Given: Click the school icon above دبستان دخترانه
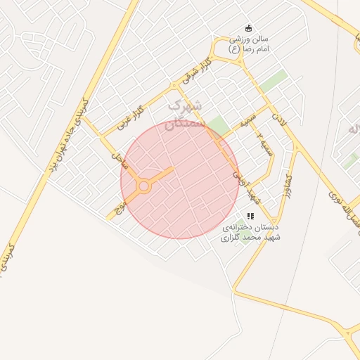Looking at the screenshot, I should coord(250,216).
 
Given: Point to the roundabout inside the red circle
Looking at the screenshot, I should coord(144,186).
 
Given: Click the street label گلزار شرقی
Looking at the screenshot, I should coord(199,71).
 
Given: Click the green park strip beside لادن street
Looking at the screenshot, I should coord(274,82).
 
